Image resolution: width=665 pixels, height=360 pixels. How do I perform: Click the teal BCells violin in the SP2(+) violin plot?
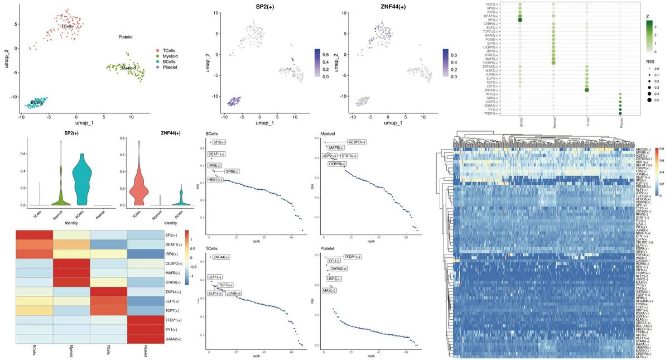(82, 179)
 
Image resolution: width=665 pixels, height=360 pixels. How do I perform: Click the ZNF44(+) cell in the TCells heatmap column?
(108, 292)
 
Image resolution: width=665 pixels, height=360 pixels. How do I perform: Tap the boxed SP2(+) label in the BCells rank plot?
(220, 142)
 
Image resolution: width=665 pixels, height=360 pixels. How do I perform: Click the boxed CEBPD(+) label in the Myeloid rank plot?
(356, 142)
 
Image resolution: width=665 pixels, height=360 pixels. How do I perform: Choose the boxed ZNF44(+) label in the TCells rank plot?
(221, 257)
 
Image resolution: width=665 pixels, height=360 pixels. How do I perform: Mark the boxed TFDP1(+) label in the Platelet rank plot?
(352, 257)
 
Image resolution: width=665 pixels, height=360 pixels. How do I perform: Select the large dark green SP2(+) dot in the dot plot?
(520, 20)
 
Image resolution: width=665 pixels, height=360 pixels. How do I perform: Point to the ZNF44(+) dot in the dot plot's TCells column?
(587, 89)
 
